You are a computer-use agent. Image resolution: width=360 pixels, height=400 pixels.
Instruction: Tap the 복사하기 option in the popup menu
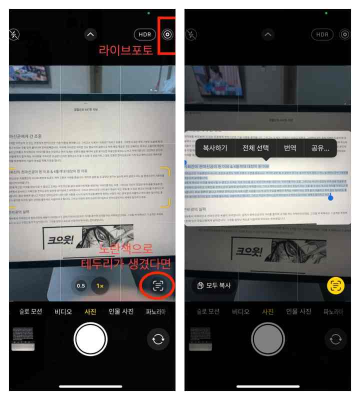click(215, 148)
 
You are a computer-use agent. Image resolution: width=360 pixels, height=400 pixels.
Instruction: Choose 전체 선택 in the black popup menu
click(255, 148)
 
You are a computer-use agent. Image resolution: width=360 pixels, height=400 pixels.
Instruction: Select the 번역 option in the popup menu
click(290, 148)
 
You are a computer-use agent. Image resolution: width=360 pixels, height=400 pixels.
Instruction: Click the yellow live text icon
click(335, 285)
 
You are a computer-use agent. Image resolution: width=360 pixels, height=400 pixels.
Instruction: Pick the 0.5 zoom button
click(80, 286)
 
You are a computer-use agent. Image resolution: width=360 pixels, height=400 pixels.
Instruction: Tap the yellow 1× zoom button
click(100, 286)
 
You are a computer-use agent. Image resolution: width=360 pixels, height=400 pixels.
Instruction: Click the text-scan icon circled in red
click(158, 285)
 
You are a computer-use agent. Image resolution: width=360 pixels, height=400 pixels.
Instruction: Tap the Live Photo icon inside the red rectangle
click(167, 34)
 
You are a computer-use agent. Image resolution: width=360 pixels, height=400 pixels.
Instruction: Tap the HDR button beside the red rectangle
click(145, 34)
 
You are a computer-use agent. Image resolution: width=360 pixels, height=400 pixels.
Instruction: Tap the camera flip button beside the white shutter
click(158, 339)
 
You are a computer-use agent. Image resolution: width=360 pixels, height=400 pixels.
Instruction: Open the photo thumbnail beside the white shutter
click(23, 339)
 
